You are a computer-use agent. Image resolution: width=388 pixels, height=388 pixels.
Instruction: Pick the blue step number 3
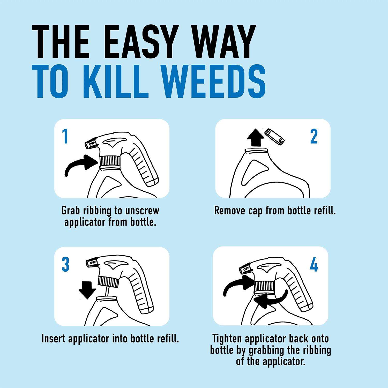pos(65,265)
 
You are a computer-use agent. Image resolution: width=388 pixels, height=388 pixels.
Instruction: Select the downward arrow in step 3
pos(87,289)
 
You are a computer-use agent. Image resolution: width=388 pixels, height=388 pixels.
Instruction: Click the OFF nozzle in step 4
pos(245,269)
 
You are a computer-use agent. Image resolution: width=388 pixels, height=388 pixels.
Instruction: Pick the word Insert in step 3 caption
pos(55,338)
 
